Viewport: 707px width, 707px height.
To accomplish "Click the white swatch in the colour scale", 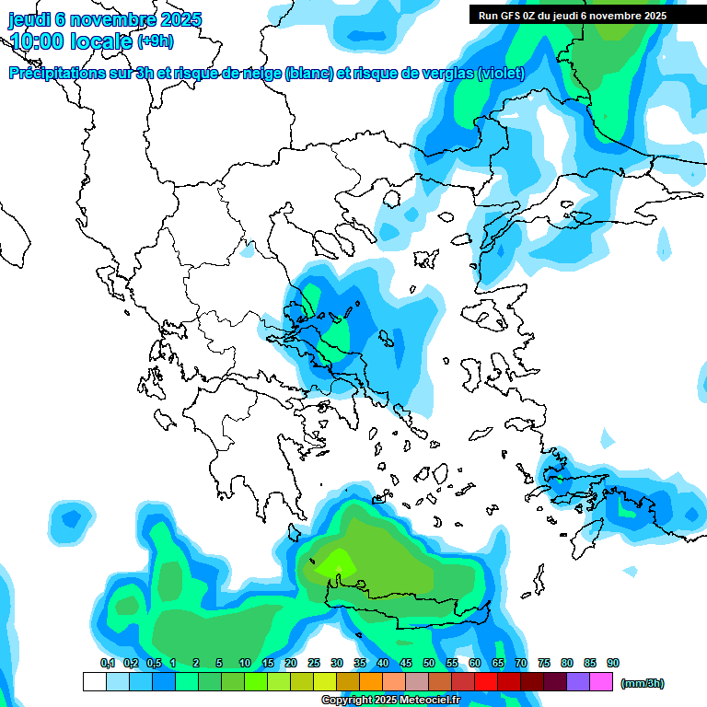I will [94, 682].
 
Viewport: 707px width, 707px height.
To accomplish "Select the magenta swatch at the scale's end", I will [601, 682].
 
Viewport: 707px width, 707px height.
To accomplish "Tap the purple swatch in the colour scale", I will [578, 682].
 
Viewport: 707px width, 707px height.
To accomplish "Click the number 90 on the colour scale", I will [613, 663].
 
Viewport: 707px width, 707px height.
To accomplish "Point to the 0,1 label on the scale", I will [108, 663].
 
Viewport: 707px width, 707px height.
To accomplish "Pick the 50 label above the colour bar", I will [429, 663].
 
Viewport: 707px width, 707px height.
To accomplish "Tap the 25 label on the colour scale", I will [314, 663].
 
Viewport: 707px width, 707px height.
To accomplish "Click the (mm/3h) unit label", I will [643, 683].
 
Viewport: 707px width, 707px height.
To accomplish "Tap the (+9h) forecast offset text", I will [155, 41].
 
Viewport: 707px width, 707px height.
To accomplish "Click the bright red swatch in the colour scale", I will [486, 682].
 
